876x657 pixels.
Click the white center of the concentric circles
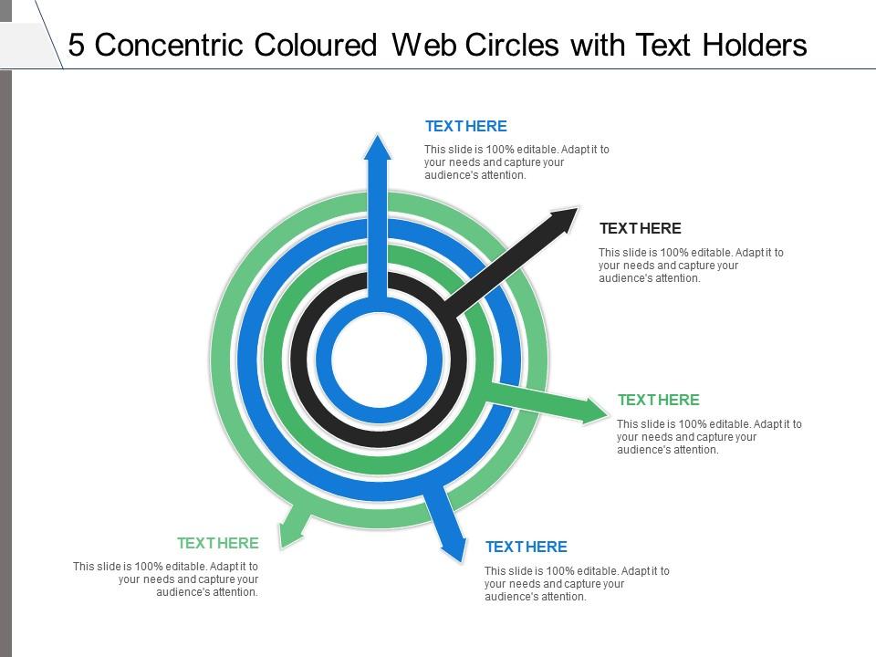378,362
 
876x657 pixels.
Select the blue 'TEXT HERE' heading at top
465,126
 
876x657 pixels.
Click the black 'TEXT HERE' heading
640,228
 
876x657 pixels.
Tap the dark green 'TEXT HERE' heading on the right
658,400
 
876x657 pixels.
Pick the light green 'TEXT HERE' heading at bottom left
218,543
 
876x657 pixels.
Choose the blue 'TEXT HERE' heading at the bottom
526,547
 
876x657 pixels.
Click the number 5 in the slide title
77,45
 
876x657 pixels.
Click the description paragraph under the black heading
691,266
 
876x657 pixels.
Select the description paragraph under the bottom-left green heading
166,579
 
